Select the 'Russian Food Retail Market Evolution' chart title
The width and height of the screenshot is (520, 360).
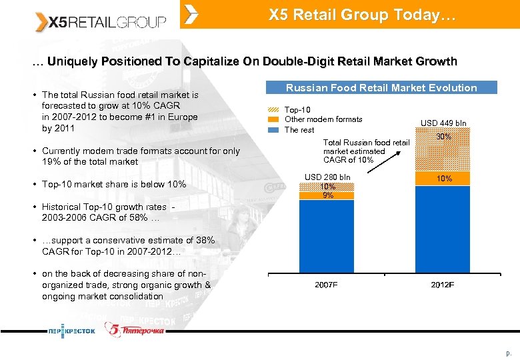click(381, 87)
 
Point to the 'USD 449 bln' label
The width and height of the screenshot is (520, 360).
click(443, 123)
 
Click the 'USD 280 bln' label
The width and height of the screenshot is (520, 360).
click(327, 177)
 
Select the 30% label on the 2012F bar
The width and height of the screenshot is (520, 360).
click(443, 137)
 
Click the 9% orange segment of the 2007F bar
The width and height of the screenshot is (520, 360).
click(327, 195)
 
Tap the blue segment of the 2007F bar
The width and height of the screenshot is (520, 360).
click(327, 236)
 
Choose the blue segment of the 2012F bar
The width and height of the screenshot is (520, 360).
click(443, 230)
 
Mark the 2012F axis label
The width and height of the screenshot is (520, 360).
click(442, 285)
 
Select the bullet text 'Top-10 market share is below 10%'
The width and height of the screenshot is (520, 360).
click(114, 184)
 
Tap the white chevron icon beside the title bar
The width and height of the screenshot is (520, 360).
click(191, 14)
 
